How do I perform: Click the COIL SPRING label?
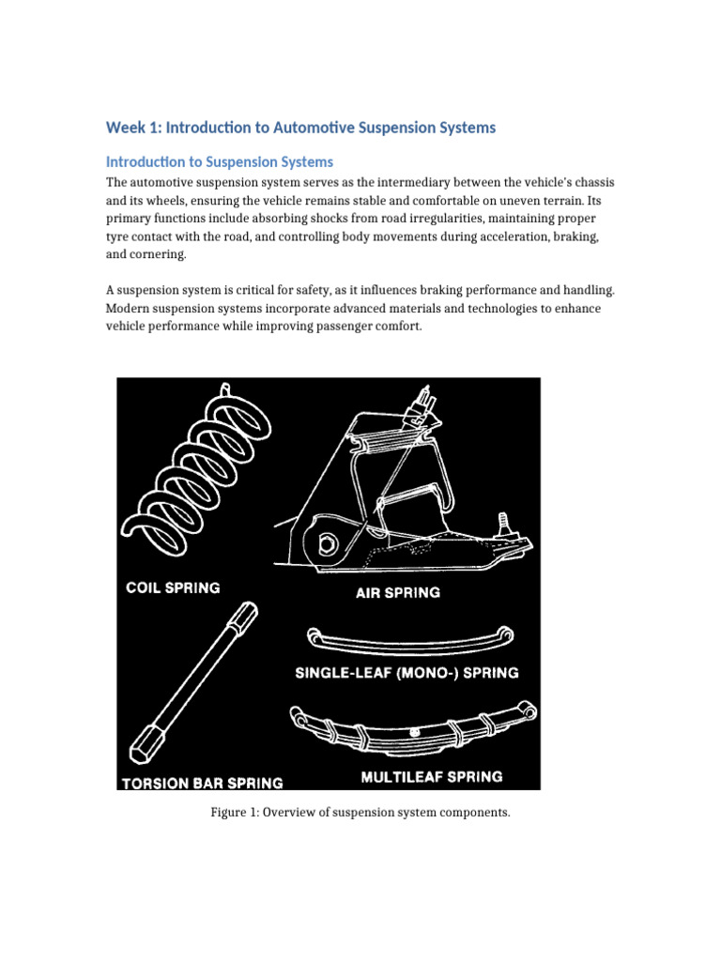[174, 588]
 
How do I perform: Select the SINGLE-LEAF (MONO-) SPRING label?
[407, 673]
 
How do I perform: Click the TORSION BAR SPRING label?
[201, 782]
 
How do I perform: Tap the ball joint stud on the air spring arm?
[503, 524]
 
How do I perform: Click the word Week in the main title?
[125, 127]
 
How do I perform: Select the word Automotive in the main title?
[309, 127]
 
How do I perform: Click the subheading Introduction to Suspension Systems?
[219, 161]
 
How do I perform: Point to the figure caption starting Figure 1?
[360, 812]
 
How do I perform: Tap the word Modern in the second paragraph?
[130, 309]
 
